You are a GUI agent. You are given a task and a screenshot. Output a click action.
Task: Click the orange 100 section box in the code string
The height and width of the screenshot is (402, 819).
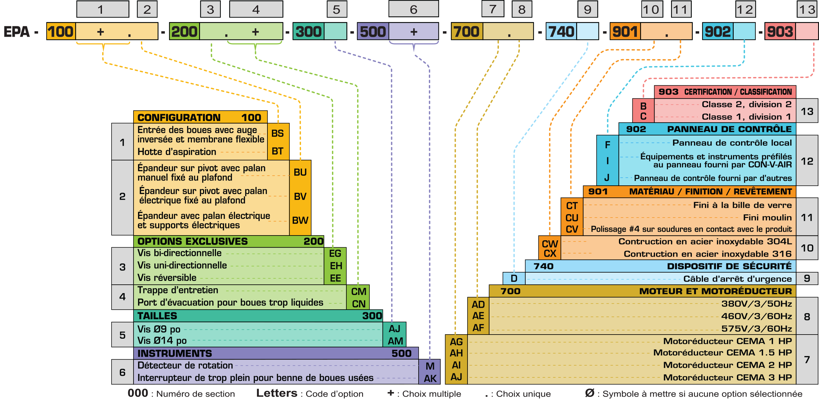click(61, 31)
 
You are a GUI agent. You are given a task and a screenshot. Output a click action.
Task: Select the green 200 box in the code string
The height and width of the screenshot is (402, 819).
click(184, 31)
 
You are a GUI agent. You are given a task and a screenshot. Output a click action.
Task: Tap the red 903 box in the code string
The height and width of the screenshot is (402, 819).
click(780, 31)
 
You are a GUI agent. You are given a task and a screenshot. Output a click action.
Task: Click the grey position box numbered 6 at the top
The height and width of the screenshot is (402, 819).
click(413, 9)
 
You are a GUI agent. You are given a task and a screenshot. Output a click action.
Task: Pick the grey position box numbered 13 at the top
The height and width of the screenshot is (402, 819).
click(807, 9)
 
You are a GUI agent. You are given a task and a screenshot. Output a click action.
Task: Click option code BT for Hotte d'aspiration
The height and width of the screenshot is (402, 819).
click(277, 151)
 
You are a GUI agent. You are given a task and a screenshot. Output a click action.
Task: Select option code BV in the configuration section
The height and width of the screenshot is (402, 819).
click(300, 196)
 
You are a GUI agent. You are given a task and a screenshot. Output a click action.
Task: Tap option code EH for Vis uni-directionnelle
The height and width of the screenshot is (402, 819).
click(336, 266)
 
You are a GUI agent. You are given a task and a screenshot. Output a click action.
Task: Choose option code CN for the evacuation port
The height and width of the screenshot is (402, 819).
click(359, 304)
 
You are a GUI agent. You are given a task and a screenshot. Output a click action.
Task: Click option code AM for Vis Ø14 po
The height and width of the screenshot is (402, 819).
click(395, 341)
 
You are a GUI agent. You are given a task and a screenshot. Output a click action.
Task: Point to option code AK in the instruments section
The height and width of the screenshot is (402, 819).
click(430, 378)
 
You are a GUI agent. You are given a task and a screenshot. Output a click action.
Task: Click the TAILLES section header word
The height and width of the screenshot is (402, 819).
click(157, 316)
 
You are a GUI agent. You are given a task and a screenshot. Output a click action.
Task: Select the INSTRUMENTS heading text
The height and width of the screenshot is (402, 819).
click(174, 353)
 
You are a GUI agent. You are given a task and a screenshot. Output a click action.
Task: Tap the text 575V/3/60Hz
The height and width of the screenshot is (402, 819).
click(756, 329)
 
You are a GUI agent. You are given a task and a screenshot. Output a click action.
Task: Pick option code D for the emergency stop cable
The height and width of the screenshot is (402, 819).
click(514, 278)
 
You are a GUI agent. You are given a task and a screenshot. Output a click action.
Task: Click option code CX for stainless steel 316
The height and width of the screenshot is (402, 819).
click(550, 254)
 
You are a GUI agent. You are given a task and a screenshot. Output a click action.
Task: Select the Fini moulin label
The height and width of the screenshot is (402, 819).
click(767, 218)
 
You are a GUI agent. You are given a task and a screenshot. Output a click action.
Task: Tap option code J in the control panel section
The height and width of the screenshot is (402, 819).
click(607, 178)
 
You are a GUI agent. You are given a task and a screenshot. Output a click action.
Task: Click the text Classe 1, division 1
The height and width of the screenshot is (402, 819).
click(746, 117)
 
